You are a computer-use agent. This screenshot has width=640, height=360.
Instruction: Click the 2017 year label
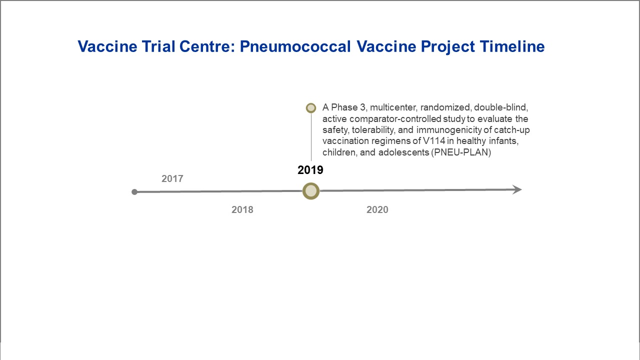pyautogui.click(x=172, y=178)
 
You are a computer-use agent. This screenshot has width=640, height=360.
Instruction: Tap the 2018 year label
pyautogui.click(x=242, y=209)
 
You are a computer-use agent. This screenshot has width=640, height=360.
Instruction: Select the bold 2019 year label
pyautogui.click(x=310, y=170)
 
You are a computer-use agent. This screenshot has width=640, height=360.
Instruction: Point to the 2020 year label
pyautogui.click(x=377, y=209)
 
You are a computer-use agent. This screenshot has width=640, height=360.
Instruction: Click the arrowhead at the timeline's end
pyautogui.click(x=517, y=189)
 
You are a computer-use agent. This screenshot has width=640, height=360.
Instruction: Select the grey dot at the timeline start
pyautogui.click(x=134, y=192)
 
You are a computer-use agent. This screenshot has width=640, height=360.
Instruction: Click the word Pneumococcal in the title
pyautogui.click(x=295, y=46)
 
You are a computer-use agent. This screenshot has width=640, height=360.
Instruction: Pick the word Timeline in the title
pyautogui.click(x=512, y=46)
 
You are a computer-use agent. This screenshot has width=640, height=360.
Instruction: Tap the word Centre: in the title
pyautogui.click(x=207, y=46)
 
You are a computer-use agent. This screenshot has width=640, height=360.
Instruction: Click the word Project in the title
pyautogui.click(x=448, y=47)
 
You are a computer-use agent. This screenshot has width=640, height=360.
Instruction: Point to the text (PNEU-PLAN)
pyautogui.click(x=461, y=152)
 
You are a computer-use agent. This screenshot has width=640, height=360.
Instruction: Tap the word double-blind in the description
pyautogui.click(x=501, y=107)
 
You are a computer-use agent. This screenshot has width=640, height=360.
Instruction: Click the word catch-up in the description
pyautogui.click(x=512, y=130)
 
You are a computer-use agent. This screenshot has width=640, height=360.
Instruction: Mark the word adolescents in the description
pyautogui.click(x=403, y=152)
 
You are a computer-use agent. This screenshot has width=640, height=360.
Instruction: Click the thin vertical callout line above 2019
pyautogui.click(x=311, y=137)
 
